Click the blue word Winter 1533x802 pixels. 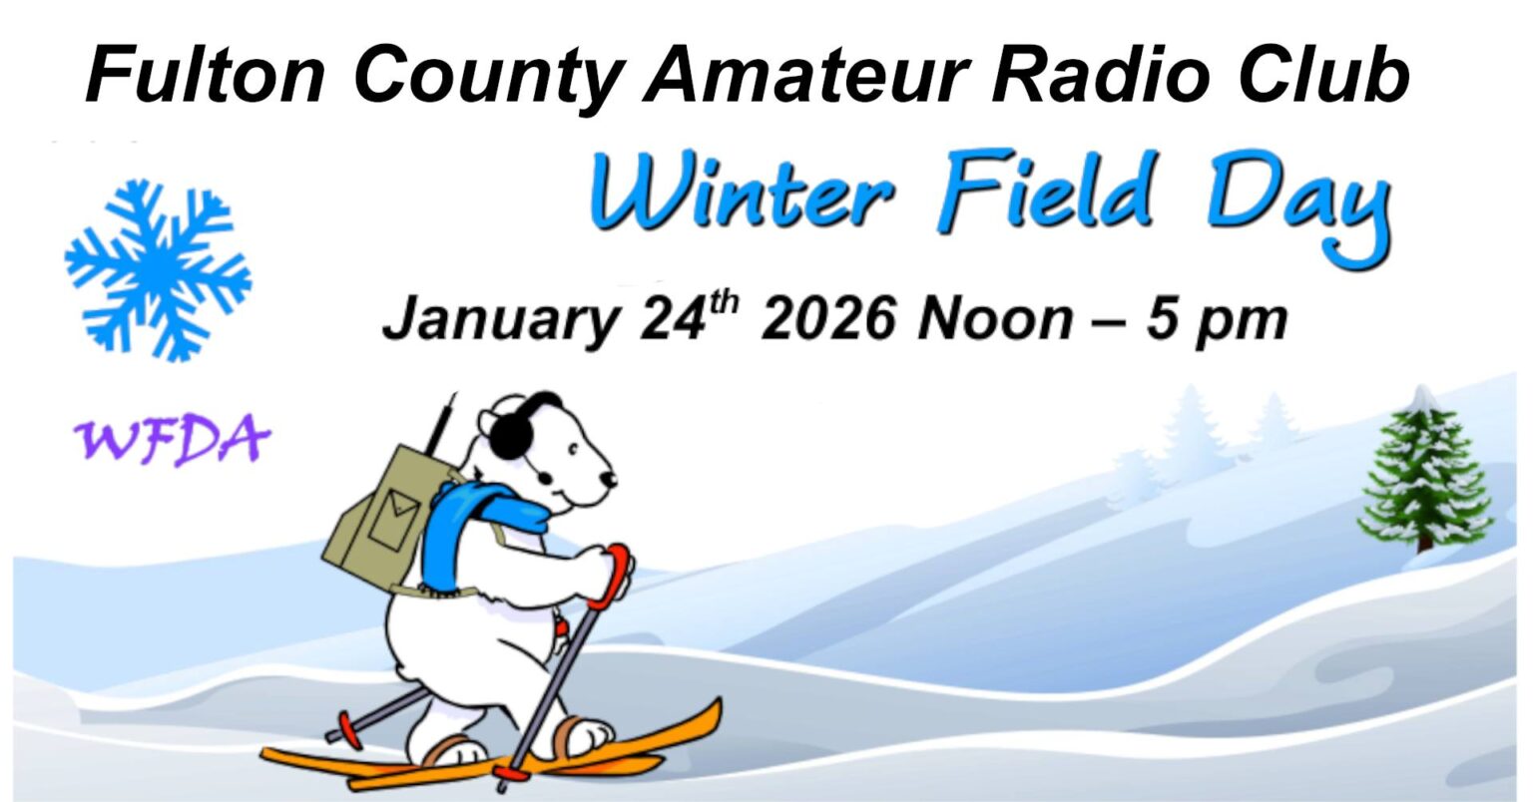point(744,195)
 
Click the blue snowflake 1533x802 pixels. point(158,269)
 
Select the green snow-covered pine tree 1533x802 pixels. point(1424,474)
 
